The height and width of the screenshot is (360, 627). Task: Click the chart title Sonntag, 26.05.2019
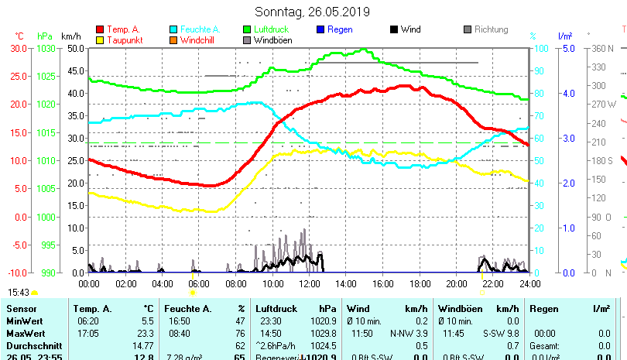coord(312,12)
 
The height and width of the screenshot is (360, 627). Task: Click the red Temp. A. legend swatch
coord(100,29)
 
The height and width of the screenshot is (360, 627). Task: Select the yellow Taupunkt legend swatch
coord(100,40)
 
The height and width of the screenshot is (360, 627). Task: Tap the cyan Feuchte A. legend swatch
coord(173,29)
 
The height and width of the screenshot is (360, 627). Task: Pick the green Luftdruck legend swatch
coord(247,29)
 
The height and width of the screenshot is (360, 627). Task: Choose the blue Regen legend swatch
coord(320,29)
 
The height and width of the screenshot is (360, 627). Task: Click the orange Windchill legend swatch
coord(173,40)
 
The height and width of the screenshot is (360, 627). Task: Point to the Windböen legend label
coord(272,40)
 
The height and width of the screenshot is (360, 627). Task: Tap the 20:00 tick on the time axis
coord(456,283)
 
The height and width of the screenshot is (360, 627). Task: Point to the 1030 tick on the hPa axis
coord(46,48)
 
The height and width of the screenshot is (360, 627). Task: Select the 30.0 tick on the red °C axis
coord(19,48)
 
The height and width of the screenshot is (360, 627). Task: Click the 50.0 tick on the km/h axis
coord(75,48)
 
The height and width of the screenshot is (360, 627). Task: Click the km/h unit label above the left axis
coord(70,36)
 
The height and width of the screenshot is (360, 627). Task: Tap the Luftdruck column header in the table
coord(273,309)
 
